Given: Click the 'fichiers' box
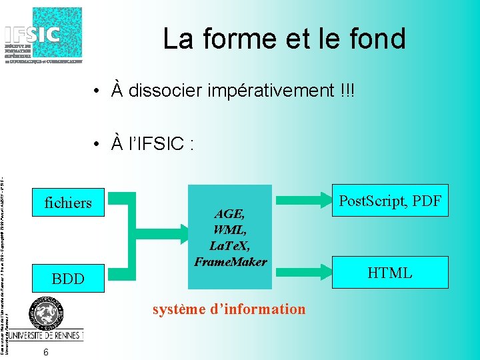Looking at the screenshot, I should pos(68,203).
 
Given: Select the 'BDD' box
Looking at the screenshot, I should pos(68,279).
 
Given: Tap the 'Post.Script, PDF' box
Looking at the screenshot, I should pos(391,201).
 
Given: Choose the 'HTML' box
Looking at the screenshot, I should pos(391,273).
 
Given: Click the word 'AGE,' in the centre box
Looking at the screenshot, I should pos(230,214).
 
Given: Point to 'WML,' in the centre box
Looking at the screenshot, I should pos(230,230).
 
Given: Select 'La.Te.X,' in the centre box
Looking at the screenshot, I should pos(230,246).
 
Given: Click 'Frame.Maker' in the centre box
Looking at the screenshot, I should pos(230,262).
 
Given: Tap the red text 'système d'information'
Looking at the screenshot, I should pos(229,309).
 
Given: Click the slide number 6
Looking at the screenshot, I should pos(45,351).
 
